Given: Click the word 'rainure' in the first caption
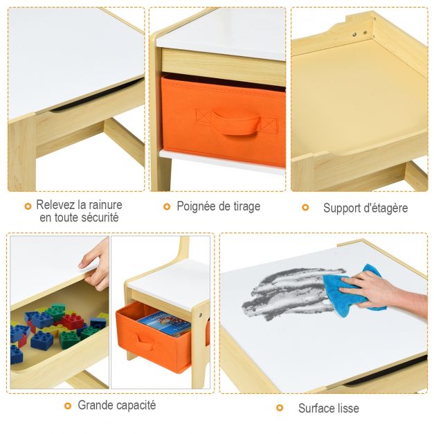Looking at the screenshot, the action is pyautogui.click(x=105, y=205).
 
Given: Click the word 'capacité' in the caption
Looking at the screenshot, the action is pyautogui.click(x=136, y=406).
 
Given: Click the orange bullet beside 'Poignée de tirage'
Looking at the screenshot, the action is pyautogui.click(x=167, y=206).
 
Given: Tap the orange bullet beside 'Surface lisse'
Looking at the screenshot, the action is pyautogui.click(x=280, y=408).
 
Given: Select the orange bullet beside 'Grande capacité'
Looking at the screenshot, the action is pyautogui.click(x=68, y=406).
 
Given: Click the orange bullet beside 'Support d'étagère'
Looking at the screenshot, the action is pyautogui.click(x=305, y=208).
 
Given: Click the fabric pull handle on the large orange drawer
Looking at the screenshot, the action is pyautogui.click(x=236, y=122).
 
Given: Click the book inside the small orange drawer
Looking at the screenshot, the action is pyautogui.click(x=165, y=323).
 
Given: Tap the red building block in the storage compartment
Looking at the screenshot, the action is pyautogui.click(x=73, y=321).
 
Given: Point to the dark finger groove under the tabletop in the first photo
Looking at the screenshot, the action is pyautogui.click(x=97, y=96).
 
